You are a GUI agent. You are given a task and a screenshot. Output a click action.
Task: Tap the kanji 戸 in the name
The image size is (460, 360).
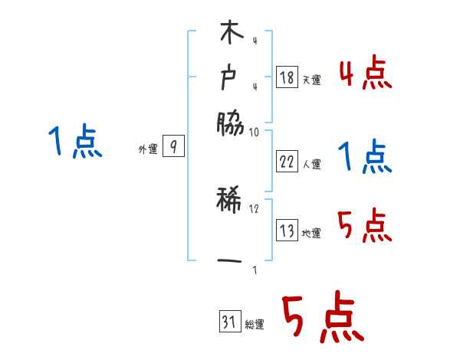click(230, 77)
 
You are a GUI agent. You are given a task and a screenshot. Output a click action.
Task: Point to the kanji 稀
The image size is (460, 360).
click(230, 202)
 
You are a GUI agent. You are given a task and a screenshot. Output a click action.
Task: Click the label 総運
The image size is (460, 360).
click(254, 325)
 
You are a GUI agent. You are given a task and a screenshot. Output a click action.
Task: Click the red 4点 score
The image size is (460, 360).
click(366, 75)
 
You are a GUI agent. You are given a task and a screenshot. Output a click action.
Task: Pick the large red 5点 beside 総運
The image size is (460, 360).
click(322, 319)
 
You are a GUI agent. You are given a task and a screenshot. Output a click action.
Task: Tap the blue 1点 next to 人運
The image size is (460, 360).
click(365, 159)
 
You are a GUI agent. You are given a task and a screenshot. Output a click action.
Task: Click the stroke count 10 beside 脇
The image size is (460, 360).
click(255, 132)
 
